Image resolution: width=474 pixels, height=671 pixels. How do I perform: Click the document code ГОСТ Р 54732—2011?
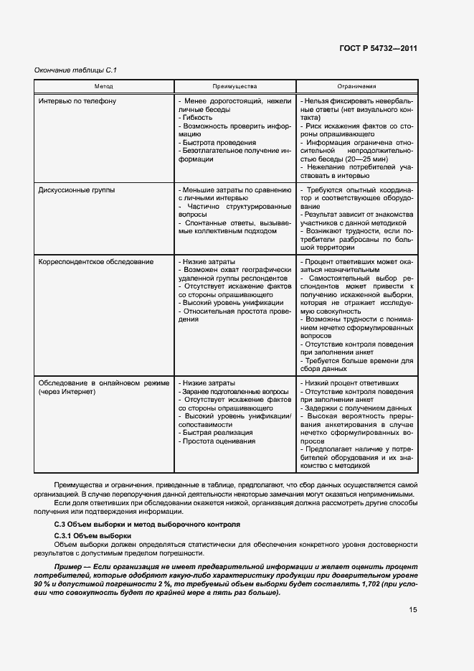click(377, 49)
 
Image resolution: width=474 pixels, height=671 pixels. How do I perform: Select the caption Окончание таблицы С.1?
click(75, 70)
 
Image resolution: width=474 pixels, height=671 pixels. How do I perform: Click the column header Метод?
click(103, 86)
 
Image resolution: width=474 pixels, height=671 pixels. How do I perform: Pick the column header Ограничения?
click(356, 86)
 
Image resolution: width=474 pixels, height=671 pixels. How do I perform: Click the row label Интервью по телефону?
click(77, 101)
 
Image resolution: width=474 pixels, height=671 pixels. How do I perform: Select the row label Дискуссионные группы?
click(76, 190)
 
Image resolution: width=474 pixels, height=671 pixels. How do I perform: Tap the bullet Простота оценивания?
click(219, 441)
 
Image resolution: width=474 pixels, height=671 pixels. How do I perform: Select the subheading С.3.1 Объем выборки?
click(93, 535)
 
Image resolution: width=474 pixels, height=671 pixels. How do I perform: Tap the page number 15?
click(412, 611)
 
